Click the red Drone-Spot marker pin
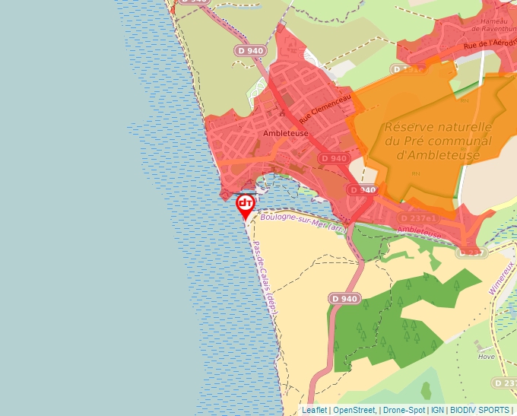(245, 205)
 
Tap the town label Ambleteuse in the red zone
(285, 133)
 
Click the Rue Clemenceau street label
(325, 109)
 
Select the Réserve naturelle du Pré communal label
(438, 141)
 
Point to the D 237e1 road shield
(418, 218)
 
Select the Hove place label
(486, 356)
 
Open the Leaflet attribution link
(315, 410)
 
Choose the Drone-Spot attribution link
(404, 410)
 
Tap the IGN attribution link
(437, 410)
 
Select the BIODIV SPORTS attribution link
(480, 410)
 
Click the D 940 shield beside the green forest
(344, 299)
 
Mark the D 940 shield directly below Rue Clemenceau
(334, 158)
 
